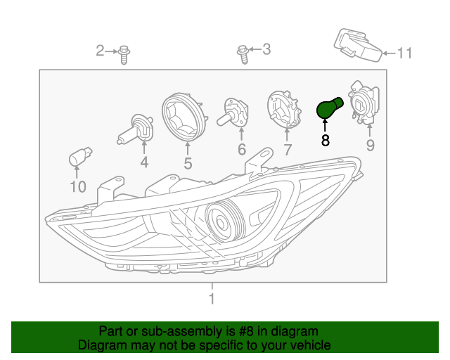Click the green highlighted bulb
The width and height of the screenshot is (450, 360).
[x=328, y=108]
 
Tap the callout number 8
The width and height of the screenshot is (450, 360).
[x=325, y=141]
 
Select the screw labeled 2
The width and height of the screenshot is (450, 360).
[x=124, y=55]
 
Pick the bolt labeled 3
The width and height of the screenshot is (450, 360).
[x=243, y=54]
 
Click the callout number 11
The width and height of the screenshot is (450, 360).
[x=404, y=53]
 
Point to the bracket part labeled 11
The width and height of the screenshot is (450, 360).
[x=358, y=46]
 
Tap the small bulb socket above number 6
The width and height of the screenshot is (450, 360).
[x=233, y=112]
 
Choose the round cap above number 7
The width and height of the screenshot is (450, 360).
[x=284, y=109]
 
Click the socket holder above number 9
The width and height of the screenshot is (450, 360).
[x=364, y=103]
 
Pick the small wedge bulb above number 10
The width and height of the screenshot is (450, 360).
[x=80, y=157]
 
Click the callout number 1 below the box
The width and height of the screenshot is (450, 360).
[x=212, y=299]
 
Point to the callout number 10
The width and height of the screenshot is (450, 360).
[x=78, y=187]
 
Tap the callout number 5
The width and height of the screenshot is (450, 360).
[x=188, y=164]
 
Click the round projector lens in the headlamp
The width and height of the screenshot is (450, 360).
[x=221, y=221]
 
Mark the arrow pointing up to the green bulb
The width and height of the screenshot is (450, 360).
[x=325, y=126]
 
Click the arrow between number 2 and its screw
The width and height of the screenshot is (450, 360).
[x=111, y=51]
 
